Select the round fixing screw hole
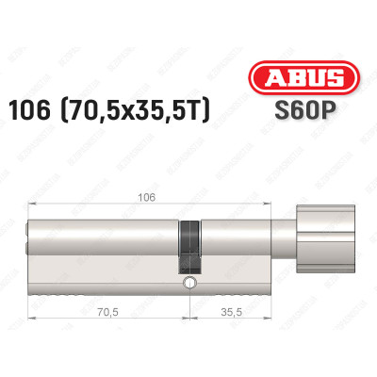[189, 281]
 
